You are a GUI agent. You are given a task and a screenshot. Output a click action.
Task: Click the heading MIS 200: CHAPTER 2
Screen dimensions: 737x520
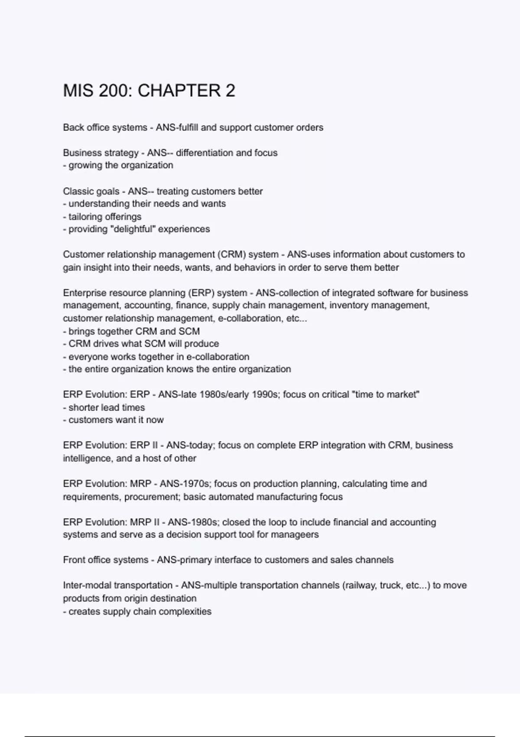point(149,91)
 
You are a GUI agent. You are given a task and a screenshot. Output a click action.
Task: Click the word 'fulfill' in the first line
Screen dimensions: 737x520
point(185,127)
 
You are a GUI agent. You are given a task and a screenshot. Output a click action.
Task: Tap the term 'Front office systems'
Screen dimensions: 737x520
point(106,560)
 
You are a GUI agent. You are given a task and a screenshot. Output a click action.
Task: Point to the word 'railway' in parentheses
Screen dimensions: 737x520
point(360,585)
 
